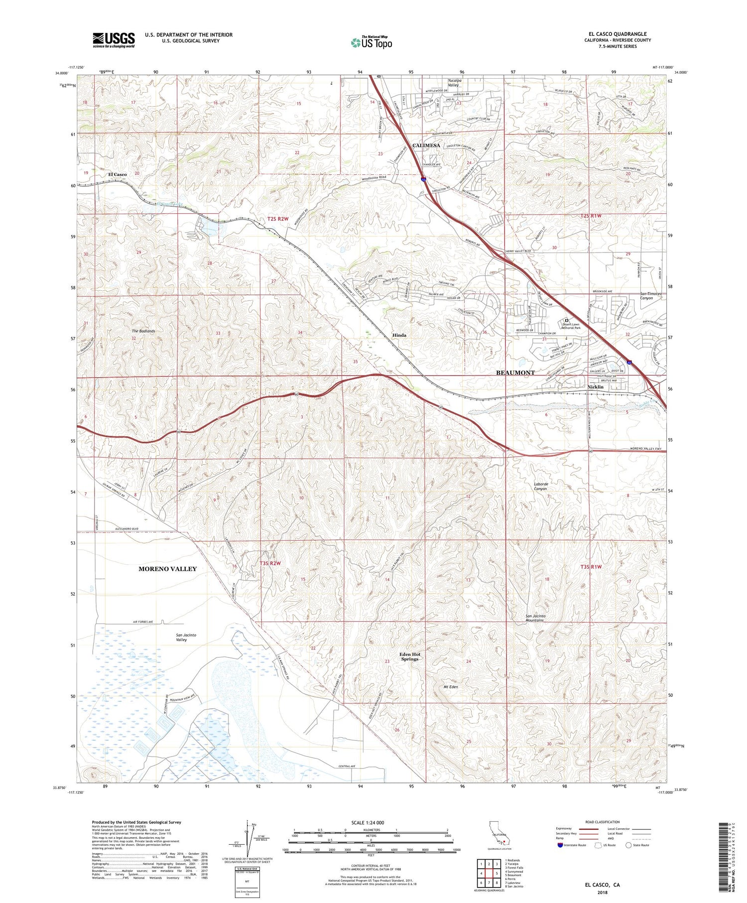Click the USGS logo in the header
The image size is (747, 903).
click(x=114, y=40)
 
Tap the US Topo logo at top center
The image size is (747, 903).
click(x=372, y=43)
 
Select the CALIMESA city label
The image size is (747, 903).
click(x=426, y=145)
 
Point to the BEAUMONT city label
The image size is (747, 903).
click(x=515, y=373)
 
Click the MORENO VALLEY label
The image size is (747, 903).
click(x=167, y=569)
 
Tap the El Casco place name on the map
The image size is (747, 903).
click(x=117, y=174)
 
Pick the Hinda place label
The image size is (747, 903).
click(x=399, y=335)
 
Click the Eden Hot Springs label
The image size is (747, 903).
click(x=410, y=656)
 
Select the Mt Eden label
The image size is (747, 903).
click(x=450, y=687)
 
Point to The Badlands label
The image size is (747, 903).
click(x=143, y=331)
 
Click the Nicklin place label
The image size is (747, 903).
click(x=595, y=387)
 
